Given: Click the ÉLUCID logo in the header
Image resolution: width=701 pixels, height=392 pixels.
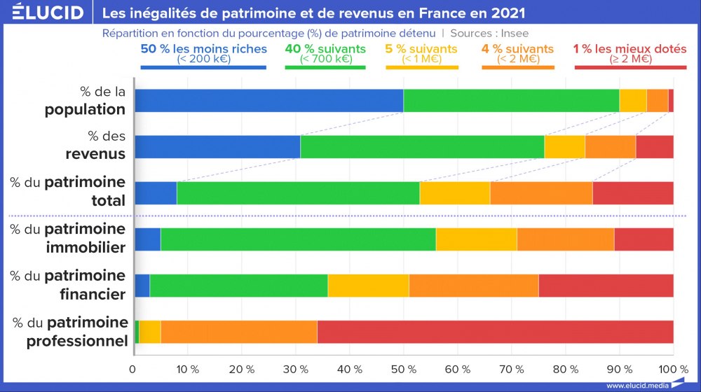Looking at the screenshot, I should (43, 13).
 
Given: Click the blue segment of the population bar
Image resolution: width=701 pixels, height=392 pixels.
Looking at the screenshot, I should (268, 101).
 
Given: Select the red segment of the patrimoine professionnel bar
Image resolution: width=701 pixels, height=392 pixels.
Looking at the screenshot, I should (496, 332).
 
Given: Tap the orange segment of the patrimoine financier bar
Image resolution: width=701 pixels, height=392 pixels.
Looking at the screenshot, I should (474, 286).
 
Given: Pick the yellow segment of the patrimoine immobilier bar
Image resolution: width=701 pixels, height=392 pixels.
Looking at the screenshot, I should (476, 239).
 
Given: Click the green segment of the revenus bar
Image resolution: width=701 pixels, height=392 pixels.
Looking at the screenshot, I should (422, 147).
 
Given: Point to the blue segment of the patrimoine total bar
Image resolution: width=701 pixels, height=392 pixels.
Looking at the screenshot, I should (156, 193).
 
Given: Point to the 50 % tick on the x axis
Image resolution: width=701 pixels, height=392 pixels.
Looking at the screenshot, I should (403, 369).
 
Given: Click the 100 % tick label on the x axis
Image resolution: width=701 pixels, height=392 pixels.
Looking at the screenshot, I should (674, 369).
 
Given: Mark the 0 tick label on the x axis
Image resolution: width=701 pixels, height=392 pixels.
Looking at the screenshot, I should (133, 369).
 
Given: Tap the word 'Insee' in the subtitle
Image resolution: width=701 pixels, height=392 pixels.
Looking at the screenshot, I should (515, 33).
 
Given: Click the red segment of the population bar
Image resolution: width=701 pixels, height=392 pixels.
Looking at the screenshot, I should (671, 101).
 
